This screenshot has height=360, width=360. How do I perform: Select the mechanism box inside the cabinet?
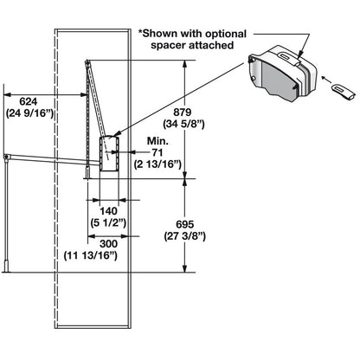(x=106, y=151)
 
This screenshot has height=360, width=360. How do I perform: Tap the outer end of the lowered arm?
(x=6, y=157)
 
